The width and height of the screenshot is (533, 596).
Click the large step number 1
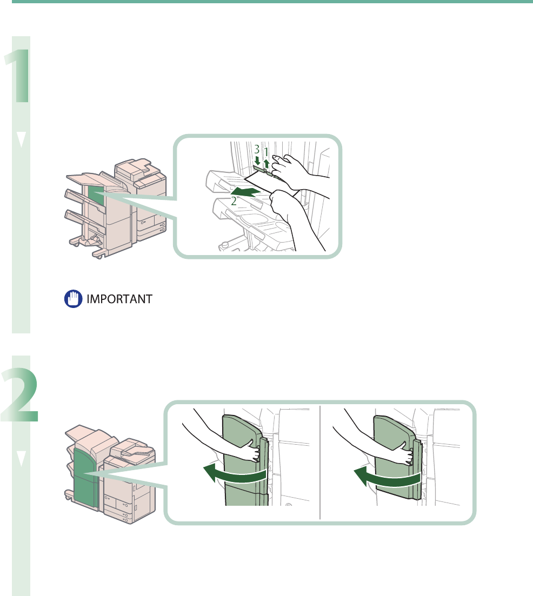click(x=18, y=69)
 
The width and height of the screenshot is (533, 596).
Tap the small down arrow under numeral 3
click(x=258, y=160)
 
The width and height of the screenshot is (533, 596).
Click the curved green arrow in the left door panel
click(x=235, y=475)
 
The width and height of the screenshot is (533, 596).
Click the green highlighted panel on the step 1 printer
click(x=95, y=196)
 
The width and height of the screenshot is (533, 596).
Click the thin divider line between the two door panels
click(x=320, y=462)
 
